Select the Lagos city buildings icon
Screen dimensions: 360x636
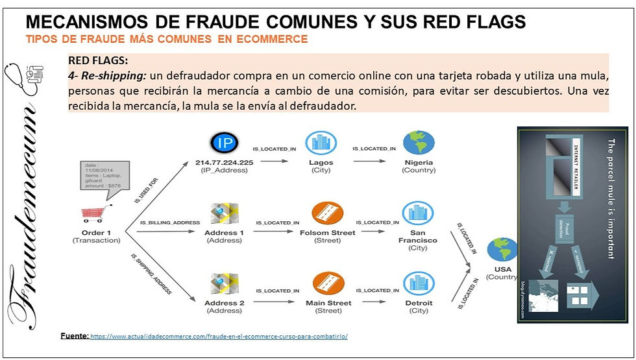point(321,143)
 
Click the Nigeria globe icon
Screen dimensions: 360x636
point(419,143)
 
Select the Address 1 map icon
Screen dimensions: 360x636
point(224,215)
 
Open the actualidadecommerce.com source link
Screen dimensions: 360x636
point(219,337)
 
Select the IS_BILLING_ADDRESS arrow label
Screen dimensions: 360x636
point(170,222)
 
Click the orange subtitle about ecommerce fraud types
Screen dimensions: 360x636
point(167,39)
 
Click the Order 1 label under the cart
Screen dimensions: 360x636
point(96,232)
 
